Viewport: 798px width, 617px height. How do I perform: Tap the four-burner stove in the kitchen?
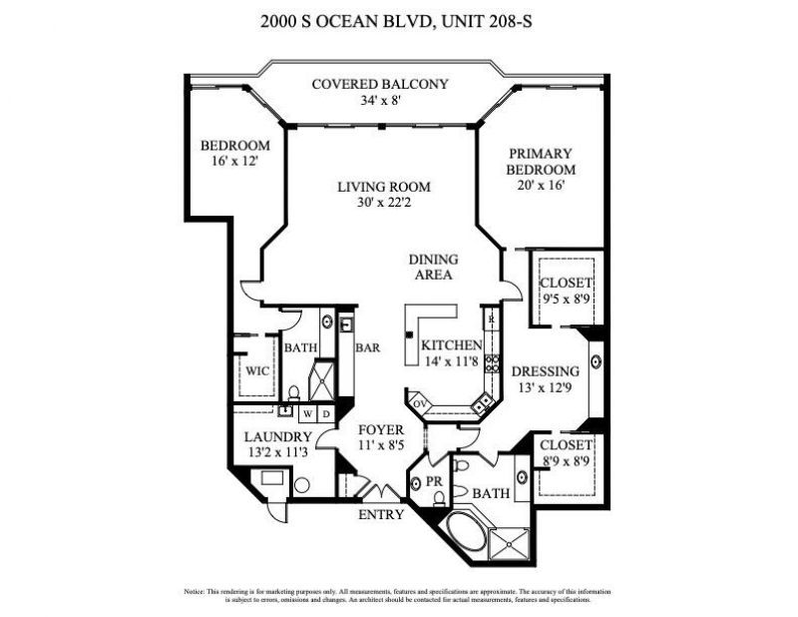(492, 363)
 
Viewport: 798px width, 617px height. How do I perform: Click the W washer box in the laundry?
(309, 412)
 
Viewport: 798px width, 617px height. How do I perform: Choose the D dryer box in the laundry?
(326, 412)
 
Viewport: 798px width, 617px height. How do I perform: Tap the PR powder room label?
(433, 480)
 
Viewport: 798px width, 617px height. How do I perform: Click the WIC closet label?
(258, 370)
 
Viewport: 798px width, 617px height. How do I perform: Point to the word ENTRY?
(382, 515)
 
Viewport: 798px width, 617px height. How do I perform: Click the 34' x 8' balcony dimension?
(380, 100)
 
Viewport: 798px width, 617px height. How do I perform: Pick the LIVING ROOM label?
(383, 187)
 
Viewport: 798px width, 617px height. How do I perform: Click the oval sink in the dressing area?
(596, 361)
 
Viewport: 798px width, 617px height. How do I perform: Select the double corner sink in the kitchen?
(485, 400)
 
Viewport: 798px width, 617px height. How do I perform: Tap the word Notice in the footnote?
(194, 591)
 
